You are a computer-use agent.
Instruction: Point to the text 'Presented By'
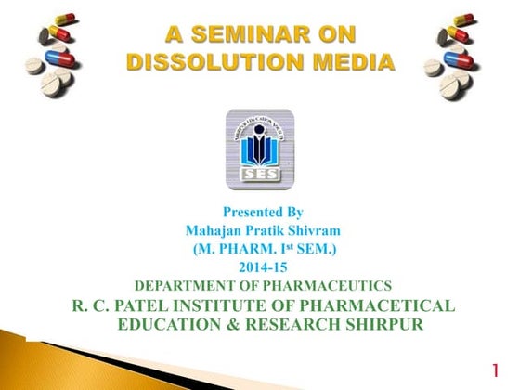click(x=263, y=213)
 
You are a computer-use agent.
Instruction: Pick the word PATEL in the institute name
click(x=136, y=305)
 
